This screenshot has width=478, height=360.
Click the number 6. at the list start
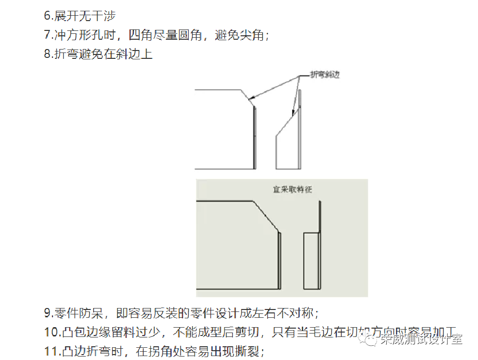[x=48, y=16]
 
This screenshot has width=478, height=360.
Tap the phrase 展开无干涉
[x=84, y=16]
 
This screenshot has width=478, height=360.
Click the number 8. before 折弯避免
[x=48, y=54]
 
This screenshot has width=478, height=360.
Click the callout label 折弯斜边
[x=325, y=75]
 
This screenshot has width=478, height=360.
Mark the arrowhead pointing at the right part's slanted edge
[x=294, y=113]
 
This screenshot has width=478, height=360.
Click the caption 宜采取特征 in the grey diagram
[x=292, y=189]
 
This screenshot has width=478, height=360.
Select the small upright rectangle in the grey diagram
[x=311, y=260]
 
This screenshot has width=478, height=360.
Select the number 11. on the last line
[x=52, y=351]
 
